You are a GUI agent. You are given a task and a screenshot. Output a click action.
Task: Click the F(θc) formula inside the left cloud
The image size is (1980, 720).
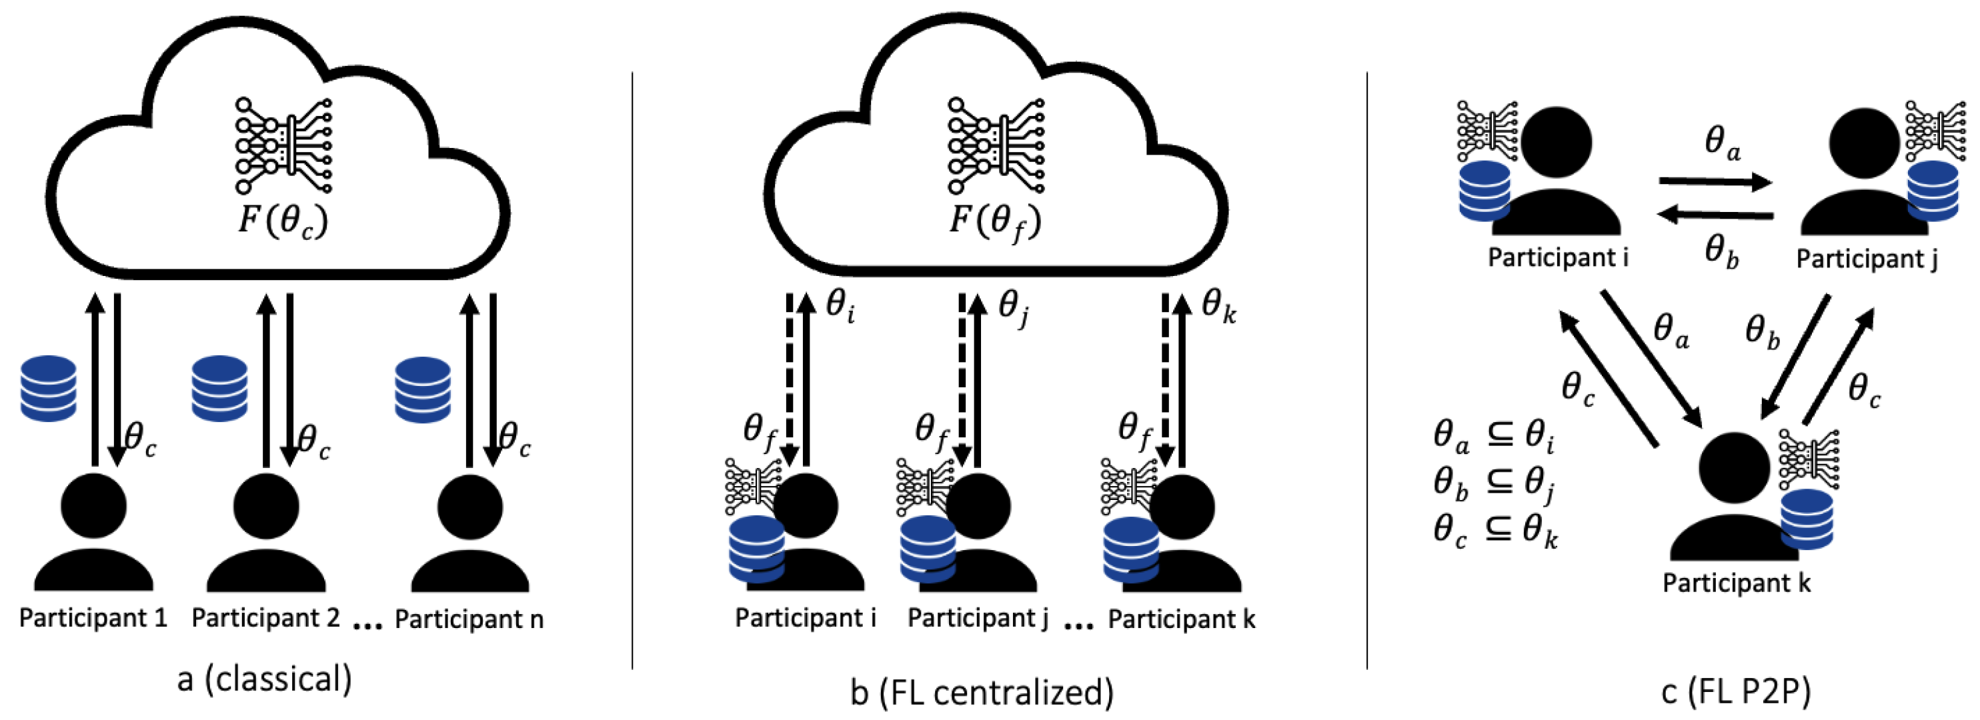[283, 221]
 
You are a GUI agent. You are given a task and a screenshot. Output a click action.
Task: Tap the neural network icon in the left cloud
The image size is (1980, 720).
[283, 145]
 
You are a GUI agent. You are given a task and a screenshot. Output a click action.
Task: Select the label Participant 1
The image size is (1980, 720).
[93, 618]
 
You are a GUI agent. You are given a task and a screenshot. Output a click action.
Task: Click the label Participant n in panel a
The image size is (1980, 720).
[469, 619]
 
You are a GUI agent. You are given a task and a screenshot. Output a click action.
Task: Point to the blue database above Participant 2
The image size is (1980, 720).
[220, 388]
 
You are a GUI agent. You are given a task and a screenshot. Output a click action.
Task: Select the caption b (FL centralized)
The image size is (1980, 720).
[982, 693]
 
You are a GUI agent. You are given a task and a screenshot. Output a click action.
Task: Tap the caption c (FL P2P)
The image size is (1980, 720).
[1735, 691]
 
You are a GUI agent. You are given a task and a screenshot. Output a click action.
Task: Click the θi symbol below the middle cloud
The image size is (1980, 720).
[841, 306]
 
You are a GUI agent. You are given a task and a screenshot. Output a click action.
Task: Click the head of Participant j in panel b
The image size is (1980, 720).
[978, 505]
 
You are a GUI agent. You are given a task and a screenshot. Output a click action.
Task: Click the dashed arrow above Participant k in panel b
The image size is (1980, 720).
[1165, 377]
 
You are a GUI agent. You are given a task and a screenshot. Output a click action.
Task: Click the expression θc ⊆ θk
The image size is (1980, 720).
[1495, 530]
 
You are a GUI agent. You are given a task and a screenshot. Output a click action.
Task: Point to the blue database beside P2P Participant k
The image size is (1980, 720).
[1807, 519]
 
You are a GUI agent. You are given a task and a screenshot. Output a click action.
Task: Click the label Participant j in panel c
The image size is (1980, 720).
[1866, 259]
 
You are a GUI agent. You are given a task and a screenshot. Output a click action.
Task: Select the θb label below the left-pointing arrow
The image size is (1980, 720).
[1722, 251]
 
